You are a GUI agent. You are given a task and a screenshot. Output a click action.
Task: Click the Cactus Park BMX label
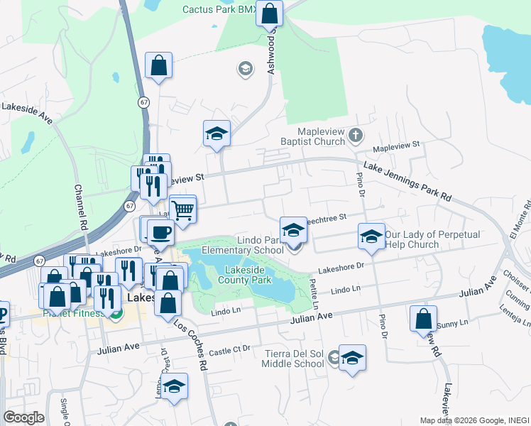(219, 9)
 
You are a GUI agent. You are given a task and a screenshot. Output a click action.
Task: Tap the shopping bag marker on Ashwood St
(270, 13)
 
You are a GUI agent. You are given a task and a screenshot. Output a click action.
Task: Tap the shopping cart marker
(182, 210)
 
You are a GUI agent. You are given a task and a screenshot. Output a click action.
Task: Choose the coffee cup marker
(161, 232)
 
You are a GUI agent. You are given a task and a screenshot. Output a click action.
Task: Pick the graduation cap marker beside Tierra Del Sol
(351, 359)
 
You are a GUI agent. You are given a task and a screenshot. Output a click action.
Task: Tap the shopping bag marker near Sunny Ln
(423, 319)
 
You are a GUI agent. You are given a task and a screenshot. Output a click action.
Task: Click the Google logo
(23, 417)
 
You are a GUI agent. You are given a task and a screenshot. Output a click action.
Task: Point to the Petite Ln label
(314, 292)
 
